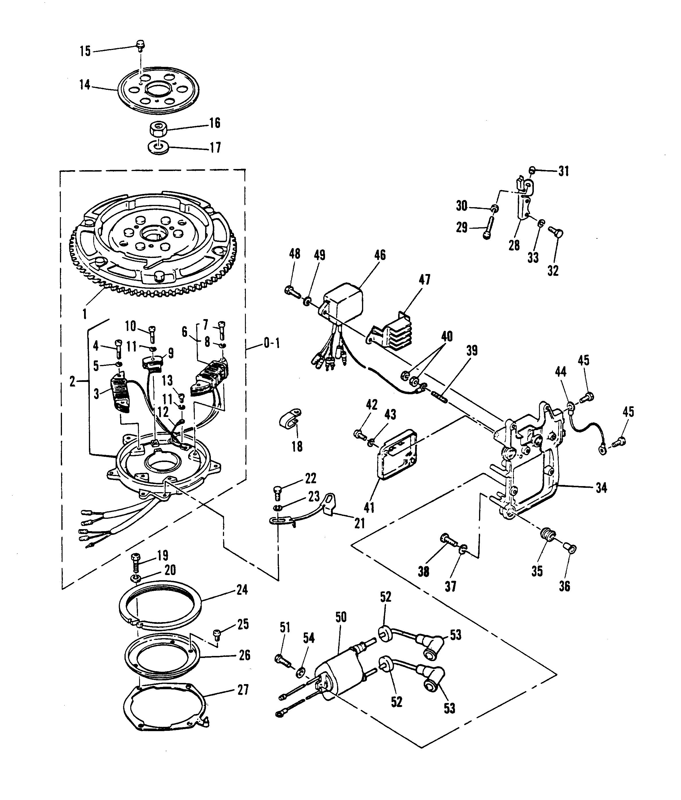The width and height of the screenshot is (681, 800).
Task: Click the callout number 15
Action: click(85, 51)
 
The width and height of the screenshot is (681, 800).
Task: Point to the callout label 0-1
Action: click(271, 343)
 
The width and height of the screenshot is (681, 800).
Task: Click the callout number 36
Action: click(565, 587)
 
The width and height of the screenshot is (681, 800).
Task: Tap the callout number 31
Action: click(564, 171)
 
